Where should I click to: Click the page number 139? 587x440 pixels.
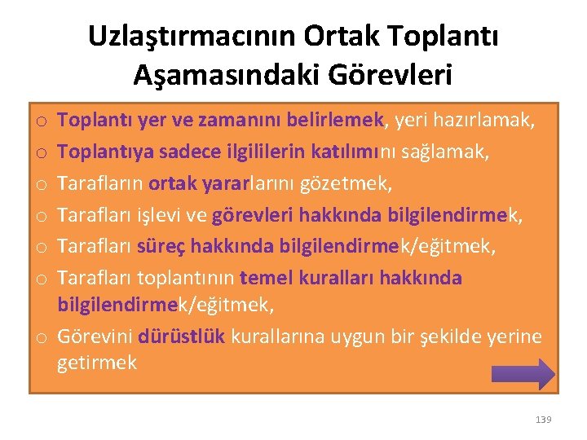543,419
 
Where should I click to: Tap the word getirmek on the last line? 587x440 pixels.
97,363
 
